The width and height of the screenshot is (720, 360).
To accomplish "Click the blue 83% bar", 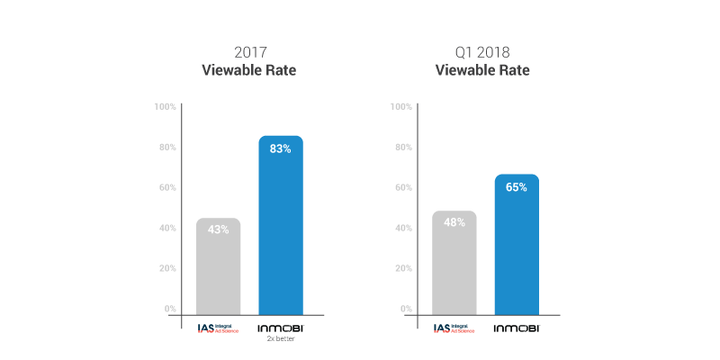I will (281, 229).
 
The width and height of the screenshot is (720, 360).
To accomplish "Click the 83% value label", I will (281, 148).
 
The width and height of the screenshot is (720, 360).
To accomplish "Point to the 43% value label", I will (219, 229).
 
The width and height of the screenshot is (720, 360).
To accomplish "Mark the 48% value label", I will (454, 222).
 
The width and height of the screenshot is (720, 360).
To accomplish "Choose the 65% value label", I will (517, 187).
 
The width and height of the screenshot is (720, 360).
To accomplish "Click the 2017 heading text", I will (249, 51).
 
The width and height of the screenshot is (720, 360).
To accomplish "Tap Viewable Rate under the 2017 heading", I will (249, 69).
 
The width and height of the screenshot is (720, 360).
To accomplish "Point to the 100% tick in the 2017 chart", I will (165, 106).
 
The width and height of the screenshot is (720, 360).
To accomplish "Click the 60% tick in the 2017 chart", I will (166, 187).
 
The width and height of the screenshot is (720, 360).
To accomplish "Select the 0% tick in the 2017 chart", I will (169, 309).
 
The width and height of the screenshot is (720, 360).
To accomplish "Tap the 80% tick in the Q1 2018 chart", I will (402, 147).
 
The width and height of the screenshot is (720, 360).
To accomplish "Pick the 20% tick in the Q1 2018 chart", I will (402, 268).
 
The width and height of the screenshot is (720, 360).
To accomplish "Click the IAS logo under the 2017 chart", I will (218, 328).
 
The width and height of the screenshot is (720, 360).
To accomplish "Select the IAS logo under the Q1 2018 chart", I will (454, 328).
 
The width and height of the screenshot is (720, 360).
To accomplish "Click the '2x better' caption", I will (281, 340).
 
